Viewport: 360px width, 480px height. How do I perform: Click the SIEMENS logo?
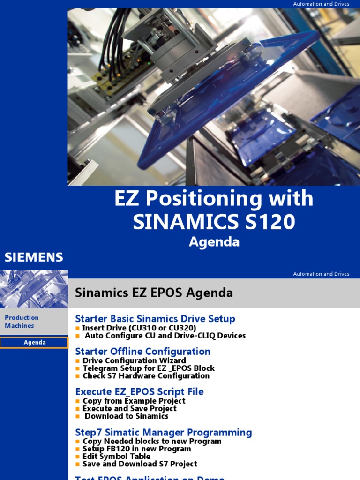coord(34,257)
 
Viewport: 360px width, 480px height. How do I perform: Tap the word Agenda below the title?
coord(214,242)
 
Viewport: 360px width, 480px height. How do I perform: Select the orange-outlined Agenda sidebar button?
coord(34,343)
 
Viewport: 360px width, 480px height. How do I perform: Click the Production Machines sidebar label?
coord(21,322)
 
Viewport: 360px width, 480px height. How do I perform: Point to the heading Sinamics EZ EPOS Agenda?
coord(154,293)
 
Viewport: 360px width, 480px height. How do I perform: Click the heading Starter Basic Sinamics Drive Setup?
coord(155,319)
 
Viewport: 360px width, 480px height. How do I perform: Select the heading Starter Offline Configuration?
coord(142,352)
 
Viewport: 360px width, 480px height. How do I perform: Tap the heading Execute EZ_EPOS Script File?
coord(139,391)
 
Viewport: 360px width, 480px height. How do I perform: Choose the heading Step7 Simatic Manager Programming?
coord(163,432)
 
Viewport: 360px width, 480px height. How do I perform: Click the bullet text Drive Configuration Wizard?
coord(134,360)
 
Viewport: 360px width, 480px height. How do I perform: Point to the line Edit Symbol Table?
coord(116,456)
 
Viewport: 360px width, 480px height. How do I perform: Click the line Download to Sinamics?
coord(126,416)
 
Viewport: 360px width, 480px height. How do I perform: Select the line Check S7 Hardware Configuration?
coord(146,375)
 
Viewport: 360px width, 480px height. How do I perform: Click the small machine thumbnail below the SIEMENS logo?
coord(34,289)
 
